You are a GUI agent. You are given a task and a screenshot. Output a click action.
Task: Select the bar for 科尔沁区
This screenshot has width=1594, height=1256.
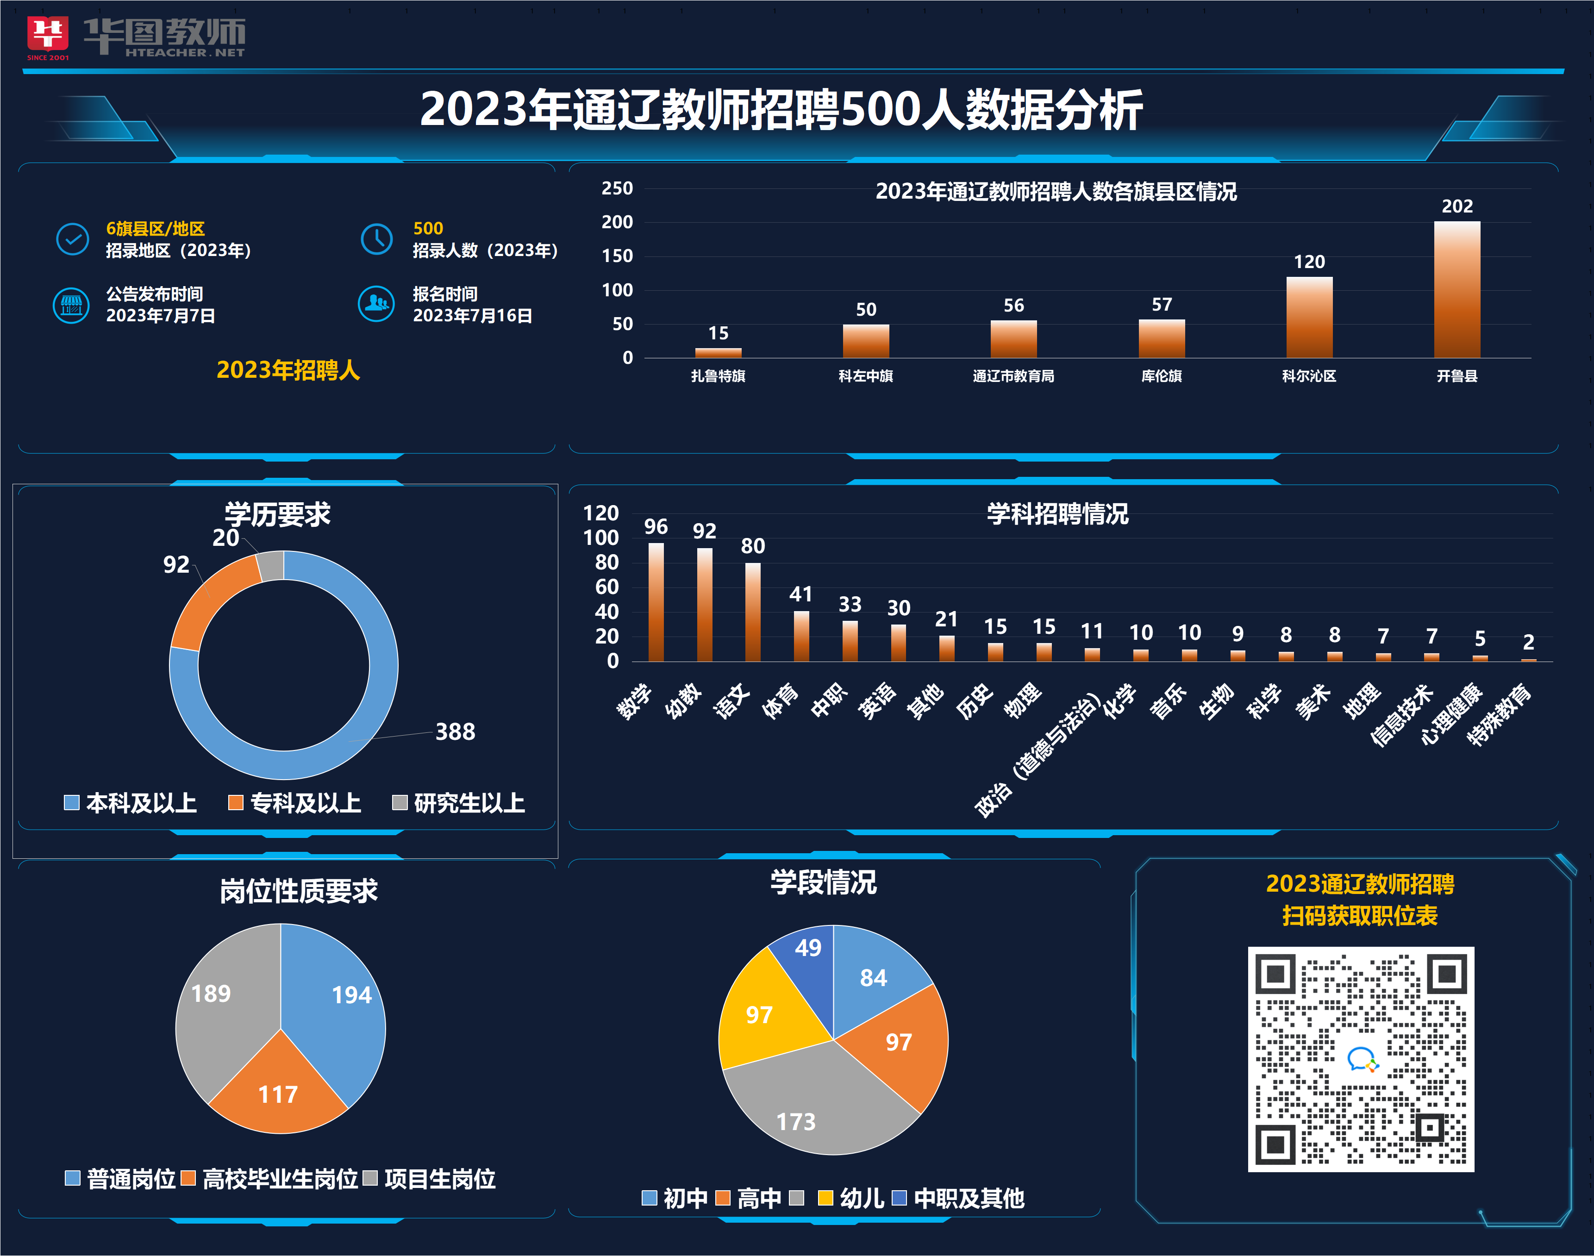[x=1309, y=318]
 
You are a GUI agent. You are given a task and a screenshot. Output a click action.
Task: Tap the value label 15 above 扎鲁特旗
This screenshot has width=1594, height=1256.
[x=719, y=333]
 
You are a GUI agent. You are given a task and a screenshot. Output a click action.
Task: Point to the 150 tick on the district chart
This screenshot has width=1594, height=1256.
[x=618, y=256]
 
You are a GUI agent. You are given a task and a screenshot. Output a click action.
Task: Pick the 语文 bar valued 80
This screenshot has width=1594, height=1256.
[x=753, y=612]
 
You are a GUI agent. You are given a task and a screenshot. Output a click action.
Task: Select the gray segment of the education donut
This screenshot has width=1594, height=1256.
[x=270, y=565]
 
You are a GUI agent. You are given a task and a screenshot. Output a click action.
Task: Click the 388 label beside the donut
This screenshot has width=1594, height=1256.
[x=455, y=731]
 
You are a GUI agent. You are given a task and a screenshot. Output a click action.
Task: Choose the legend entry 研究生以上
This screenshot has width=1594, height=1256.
[x=460, y=803]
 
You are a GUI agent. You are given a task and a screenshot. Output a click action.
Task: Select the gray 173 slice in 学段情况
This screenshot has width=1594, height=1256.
[x=809, y=1103]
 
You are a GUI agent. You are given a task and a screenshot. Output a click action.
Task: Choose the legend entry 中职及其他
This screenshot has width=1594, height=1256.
[x=959, y=1199]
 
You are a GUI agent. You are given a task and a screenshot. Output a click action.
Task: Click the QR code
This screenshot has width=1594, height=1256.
[x=1361, y=1059]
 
